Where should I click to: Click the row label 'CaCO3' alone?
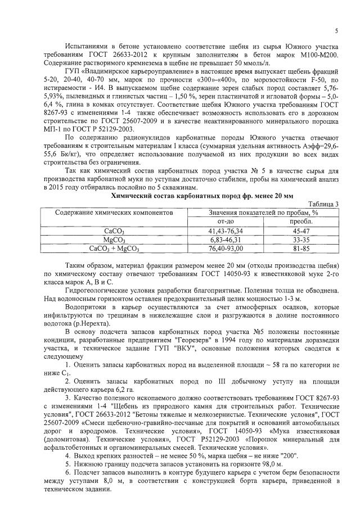click(114, 231)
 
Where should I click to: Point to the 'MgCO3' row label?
click(114, 239)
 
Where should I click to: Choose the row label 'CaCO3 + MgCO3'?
click(114, 247)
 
